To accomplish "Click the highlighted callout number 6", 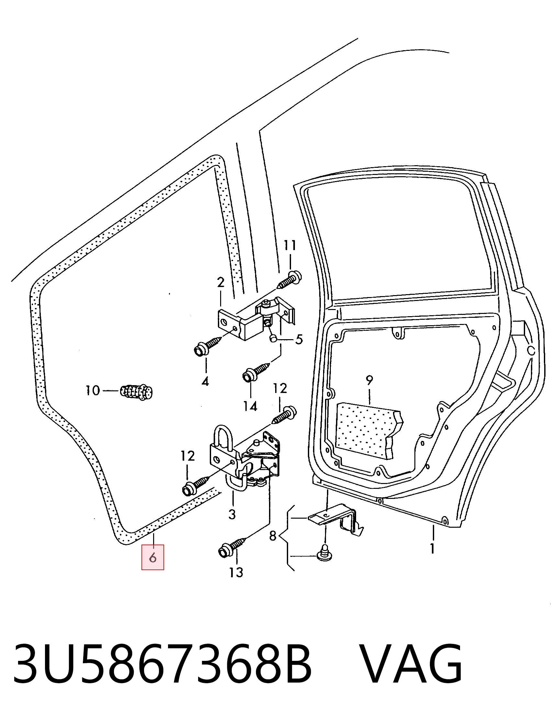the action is click(x=152, y=558).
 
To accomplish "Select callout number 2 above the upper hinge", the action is click(x=221, y=282).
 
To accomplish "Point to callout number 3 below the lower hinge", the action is click(x=232, y=514).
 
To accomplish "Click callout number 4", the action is click(x=205, y=381).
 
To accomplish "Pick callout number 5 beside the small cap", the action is click(x=299, y=339).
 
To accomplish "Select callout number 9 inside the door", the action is click(x=369, y=380).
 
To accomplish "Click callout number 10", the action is click(x=93, y=391).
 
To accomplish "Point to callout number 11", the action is click(x=290, y=245).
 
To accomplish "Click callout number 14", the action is click(x=250, y=406).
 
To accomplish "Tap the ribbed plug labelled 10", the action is click(x=136, y=392).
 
